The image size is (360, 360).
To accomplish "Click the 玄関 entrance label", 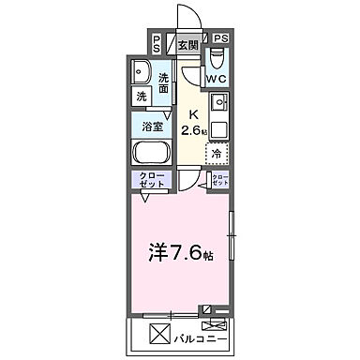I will pyautogui.click(x=187, y=44).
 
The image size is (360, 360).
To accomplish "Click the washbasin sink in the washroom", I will pyautogui.click(x=142, y=73).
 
